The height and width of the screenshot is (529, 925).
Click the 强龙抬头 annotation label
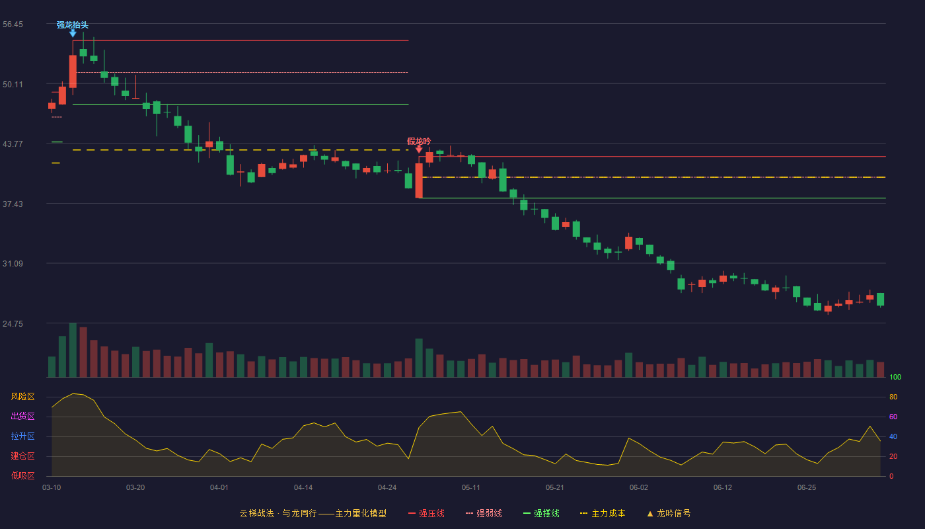point(72,25)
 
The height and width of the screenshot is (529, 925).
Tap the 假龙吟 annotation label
point(419,142)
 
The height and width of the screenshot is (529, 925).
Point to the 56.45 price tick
point(13,24)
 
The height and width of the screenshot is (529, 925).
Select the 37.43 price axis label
point(13,204)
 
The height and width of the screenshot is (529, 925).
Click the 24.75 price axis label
point(13,323)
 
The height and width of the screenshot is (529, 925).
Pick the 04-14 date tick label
point(303,488)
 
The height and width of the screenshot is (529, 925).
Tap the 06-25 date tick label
point(807,488)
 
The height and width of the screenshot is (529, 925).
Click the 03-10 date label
point(52,488)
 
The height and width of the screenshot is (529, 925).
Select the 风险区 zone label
point(22,396)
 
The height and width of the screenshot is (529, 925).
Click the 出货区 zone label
point(22,416)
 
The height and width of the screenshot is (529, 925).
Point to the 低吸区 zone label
point(22,475)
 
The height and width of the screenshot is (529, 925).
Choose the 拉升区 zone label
point(22,436)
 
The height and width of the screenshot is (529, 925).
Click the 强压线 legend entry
point(426,513)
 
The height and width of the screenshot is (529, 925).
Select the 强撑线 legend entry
point(541,513)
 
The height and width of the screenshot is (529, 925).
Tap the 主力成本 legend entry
point(603,513)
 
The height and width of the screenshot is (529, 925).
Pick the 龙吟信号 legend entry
point(669,513)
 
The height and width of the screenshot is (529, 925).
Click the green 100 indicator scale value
point(895,377)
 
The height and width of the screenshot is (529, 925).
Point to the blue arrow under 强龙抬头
point(73,34)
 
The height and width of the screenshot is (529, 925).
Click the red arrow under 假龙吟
point(419,149)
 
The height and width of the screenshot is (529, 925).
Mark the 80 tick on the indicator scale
point(893,397)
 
